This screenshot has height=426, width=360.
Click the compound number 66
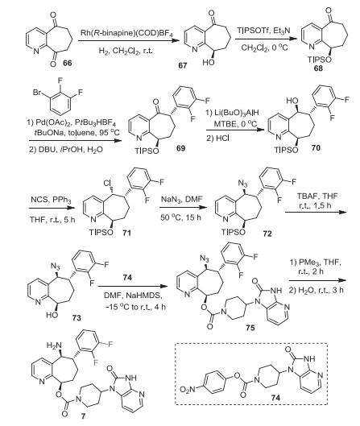(x=67, y=63)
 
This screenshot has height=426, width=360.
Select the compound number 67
(x=183, y=66)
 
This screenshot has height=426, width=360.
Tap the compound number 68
(x=318, y=68)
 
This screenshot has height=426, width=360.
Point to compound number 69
(x=180, y=148)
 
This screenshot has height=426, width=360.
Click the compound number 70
(x=316, y=148)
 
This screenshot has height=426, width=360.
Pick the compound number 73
(x=77, y=317)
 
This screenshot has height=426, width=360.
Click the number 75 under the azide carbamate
(x=250, y=328)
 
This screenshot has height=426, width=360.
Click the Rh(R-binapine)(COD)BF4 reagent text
(x=126, y=33)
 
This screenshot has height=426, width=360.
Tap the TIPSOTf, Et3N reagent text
(x=263, y=31)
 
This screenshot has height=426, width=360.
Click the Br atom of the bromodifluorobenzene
(x=37, y=93)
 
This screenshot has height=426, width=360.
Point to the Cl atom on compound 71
(x=108, y=184)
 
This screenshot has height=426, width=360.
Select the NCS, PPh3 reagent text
(x=51, y=201)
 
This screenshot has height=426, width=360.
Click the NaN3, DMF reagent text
(x=182, y=199)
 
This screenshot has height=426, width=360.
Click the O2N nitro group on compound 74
(x=188, y=390)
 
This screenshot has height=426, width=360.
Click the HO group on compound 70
(x=292, y=101)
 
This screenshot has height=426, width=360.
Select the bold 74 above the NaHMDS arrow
(x=127, y=277)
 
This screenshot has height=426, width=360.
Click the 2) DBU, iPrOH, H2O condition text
(x=66, y=150)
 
